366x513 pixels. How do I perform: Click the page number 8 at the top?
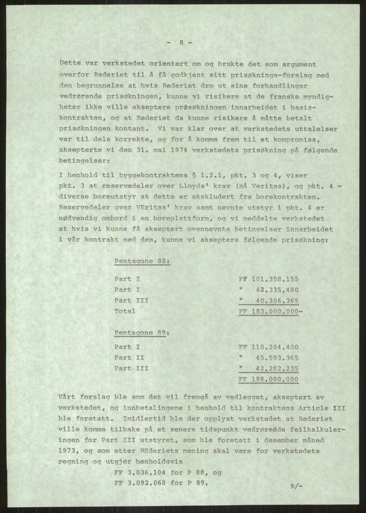pyautogui.click(x=180, y=43)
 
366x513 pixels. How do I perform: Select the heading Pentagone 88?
pyautogui.click(x=142, y=261)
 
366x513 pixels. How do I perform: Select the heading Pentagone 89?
pyautogui.click(x=142, y=333)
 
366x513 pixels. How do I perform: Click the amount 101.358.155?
pyautogui.click(x=275, y=279)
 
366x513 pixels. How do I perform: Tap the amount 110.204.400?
pyautogui.click(x=275, y=347)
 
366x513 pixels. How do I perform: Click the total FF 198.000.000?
pyautogui.click(x=268, y=379)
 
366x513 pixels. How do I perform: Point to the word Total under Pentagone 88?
pyautogui.click(x=125, y=311)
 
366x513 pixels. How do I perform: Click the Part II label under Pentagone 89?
pyautogui.click(x=129, y=358)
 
